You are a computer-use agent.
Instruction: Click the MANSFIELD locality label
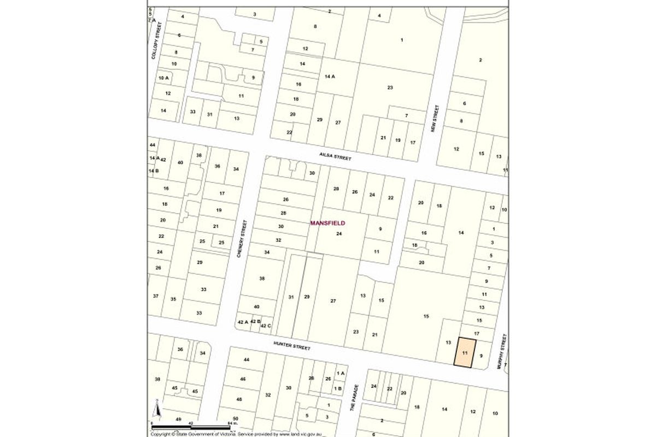[x=327, y=223]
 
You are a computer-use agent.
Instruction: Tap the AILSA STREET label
[x=335, y=157]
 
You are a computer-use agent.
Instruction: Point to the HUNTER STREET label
[x=291, y=345]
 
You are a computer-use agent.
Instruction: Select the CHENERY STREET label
[x=241, y=238]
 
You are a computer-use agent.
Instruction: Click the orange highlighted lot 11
[x=464, y=353]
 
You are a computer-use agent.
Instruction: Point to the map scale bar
[x=192, y=426]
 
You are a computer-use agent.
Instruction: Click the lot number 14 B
[x=154, y=170]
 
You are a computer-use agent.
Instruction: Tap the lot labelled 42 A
[x=243, y=322]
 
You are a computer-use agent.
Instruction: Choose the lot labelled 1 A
[x=341, y=373]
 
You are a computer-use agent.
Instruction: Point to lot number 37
[x=156, y=296]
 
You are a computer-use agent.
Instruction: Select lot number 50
[x=235, y=418]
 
